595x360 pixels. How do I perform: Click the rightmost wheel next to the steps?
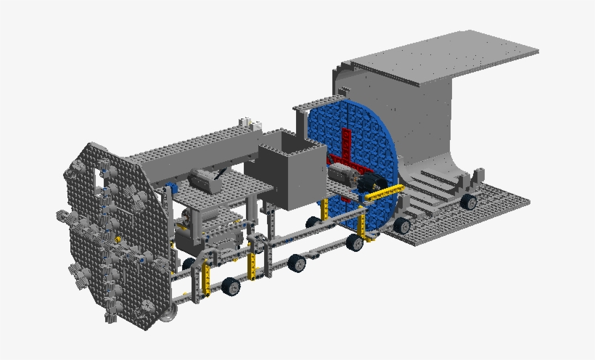pyautogui.click(x=469, y=202)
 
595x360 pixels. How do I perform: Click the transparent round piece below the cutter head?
pyautogui.click(x=169, y=313)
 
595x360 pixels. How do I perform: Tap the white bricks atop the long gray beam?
pyautogui.click(x=245, y=121)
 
